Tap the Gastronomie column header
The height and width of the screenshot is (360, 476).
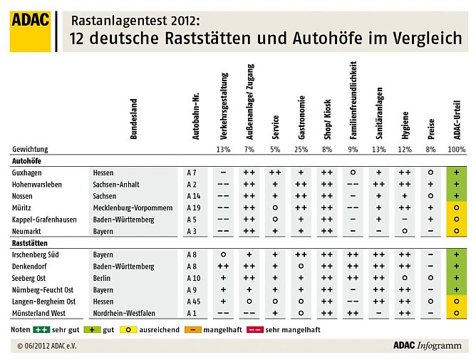click(302, 117)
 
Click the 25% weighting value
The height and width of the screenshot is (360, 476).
click(302, 150)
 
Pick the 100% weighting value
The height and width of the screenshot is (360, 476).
click(456, 150)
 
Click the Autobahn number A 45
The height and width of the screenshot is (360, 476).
click(193, 302)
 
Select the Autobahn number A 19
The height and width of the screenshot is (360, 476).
click(193, 207)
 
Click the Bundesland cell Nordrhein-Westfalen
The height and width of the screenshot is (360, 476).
click(125, 313)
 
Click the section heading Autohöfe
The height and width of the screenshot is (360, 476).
click(28, 161)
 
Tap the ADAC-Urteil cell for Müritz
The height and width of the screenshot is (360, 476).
click(456, 207)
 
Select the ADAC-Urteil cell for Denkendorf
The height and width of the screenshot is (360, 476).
click(456, 266)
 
